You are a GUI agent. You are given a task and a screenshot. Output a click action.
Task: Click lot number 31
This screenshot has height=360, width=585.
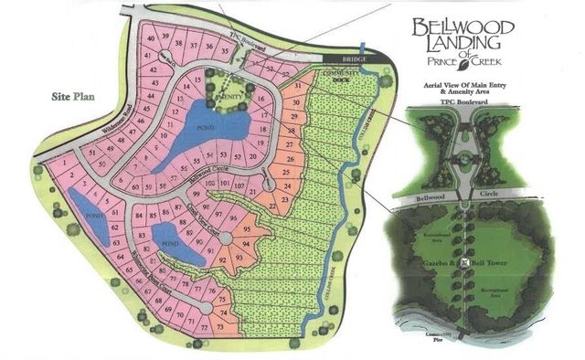[296, 88]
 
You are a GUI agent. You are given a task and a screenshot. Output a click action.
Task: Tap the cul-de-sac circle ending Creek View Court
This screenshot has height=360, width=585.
[245, 243]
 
